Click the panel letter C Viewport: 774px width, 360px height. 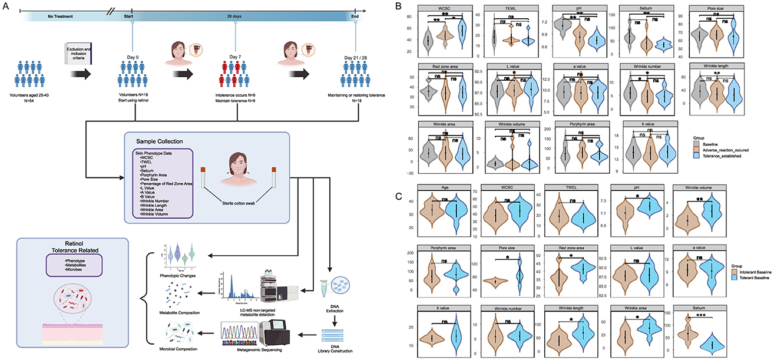tap(398, 179)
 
